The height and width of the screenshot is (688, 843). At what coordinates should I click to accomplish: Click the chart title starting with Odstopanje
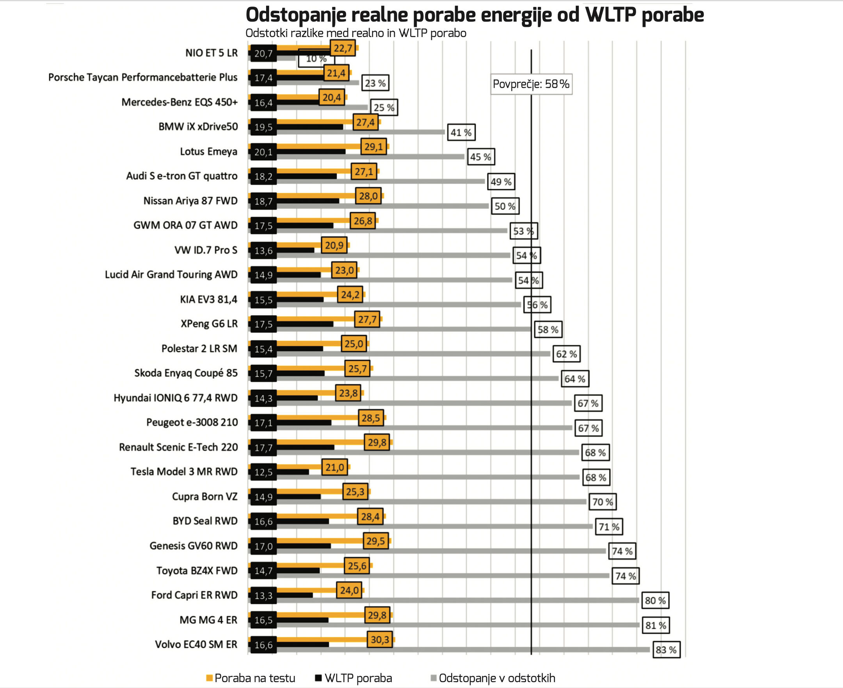click(475, 15)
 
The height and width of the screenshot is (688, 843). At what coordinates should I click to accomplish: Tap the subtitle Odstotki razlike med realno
click(356, 33)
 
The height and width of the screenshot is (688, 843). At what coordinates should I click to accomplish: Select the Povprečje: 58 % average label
click(531, 84)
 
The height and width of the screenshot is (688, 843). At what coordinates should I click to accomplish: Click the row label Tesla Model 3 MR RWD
click(184, 472)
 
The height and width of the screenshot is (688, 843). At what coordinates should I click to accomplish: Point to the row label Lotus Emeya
click(208, 151)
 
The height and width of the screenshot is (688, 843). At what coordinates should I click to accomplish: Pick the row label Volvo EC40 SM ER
click(196, 644)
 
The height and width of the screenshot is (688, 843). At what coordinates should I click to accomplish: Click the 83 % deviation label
click(666, 650)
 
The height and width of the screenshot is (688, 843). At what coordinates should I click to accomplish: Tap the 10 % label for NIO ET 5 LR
click(316, 59)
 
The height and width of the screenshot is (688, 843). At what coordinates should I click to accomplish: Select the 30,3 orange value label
click(380, 639)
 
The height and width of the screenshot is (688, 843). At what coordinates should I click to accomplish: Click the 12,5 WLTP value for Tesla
click(263, 473)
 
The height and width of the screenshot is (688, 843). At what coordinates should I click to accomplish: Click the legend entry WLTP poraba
click(354, 678)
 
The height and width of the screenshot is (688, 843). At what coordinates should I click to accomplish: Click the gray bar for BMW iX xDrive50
click(357, 132)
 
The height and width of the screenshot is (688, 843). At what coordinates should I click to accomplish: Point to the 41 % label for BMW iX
click(461, 132)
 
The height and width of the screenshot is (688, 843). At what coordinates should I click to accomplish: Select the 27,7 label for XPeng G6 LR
click(367, 320)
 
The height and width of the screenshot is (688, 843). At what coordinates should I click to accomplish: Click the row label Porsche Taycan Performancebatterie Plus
click(143, 77)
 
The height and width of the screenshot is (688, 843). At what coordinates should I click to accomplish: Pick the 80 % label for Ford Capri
click(655, 601)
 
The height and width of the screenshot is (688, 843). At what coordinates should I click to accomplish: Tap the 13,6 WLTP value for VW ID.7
click(263, 251)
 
